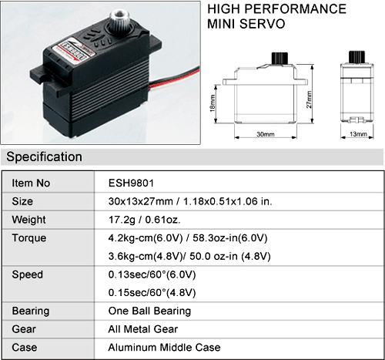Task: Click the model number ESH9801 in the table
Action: pos(131,183)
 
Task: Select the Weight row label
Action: pos(28,220)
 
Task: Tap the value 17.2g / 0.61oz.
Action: pos(145,220)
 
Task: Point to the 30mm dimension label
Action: pos(266,134)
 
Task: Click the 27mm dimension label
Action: pos(309,99)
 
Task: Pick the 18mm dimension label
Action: pos(213,103)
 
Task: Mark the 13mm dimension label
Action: pos(358,134)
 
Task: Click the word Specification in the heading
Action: pos(44,156)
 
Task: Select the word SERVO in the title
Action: pos(262,24)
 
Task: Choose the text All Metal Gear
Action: pos(143,329)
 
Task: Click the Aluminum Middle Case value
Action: pos(164,348)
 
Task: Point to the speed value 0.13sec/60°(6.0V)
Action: pos(152,274)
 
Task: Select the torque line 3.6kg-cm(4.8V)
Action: pos(146,257)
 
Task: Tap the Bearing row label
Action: pos(31,311)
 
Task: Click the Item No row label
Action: pos(31,183)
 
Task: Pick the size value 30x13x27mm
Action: pos(141,201)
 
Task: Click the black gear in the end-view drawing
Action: pos(357,57)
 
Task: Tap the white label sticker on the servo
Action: pos(76,52)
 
